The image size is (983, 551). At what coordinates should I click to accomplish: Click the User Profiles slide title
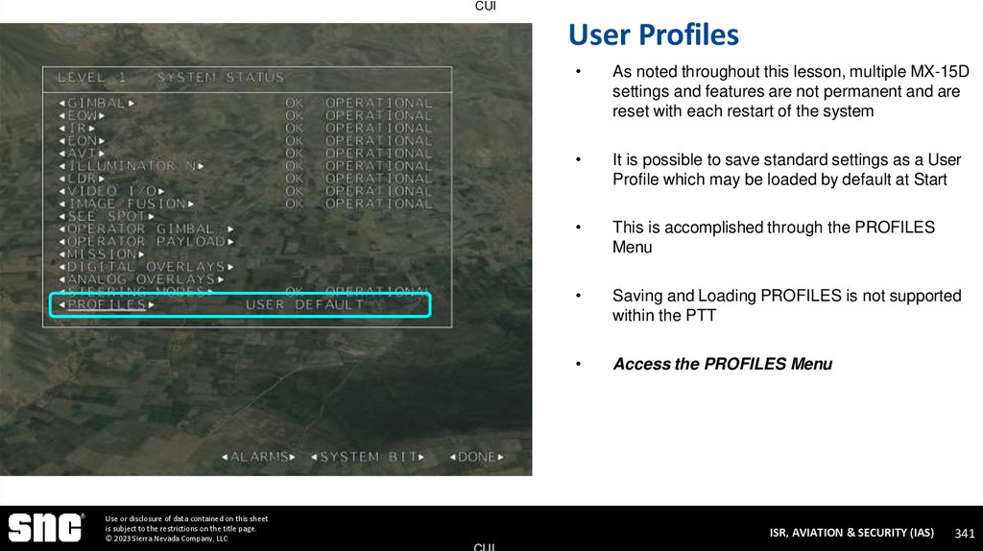point(653,36)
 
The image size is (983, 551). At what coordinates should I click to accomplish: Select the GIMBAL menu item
point(97,103)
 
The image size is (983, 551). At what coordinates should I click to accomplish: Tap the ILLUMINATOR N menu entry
point(132,166)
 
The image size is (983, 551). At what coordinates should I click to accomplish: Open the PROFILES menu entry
point(107,305)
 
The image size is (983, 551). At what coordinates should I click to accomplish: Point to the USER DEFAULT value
point(305,305)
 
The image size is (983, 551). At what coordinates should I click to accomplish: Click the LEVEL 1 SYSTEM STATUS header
point(171,77)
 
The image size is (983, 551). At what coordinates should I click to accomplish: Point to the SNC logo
point(46,527)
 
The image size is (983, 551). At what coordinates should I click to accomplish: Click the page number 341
point(965,533)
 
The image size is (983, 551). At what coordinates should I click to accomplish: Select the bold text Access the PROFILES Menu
point(722,364)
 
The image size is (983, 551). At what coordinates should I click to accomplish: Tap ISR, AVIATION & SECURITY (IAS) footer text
point(851,533)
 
